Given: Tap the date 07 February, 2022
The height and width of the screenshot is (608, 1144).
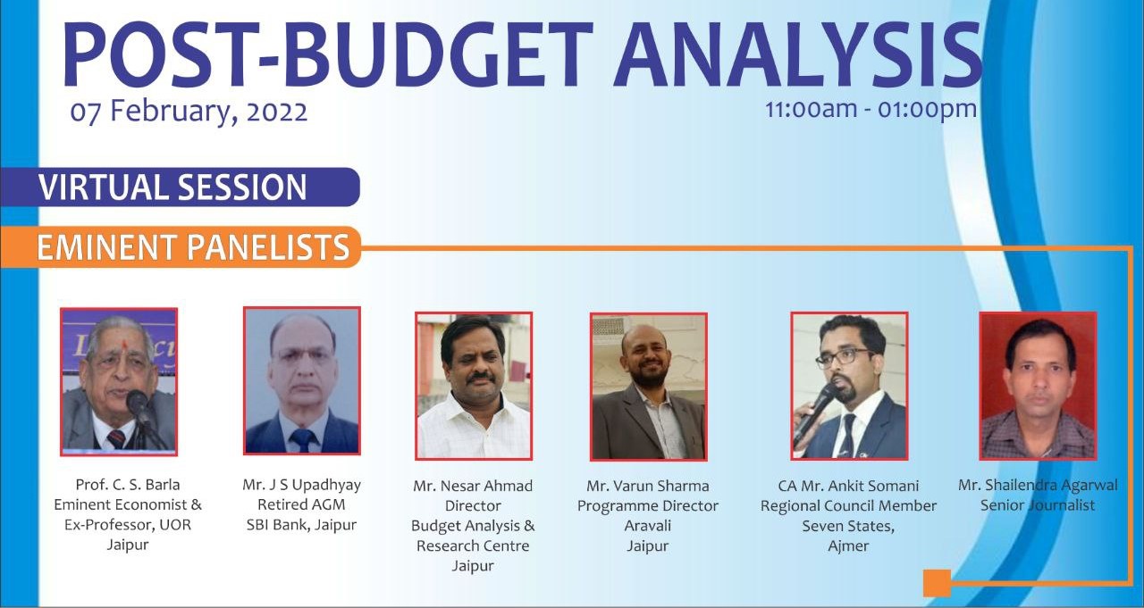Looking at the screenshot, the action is [x=189, y=112].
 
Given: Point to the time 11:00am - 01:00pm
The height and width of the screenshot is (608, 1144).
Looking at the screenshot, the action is [x=871, y=109].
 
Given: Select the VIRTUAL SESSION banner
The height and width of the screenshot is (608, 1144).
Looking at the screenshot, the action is [x=180, y=187].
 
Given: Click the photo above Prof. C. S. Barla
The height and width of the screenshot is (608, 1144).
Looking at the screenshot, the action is [x=119, y=381].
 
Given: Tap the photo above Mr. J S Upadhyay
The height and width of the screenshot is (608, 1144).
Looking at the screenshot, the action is [x=302, y=380].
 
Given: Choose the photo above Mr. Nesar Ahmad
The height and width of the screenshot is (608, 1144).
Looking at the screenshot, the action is [x=474, y=386].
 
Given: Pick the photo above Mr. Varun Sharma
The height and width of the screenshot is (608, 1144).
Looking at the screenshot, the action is [x=649, y=387].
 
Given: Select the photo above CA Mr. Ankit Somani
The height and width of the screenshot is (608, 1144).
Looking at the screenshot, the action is [x=849, y=386].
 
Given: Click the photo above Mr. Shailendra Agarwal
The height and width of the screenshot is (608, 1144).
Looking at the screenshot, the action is [x=1038, y=386].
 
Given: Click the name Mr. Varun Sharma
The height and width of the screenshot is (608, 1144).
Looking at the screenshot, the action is [x=648, y=486].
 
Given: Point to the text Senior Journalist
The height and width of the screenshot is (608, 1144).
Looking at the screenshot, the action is [x=1038, y=505].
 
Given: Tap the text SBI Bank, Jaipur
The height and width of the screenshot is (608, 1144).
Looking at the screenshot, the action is [x=301, y=525].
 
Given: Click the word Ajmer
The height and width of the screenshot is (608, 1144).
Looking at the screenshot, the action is [x=848, y=546].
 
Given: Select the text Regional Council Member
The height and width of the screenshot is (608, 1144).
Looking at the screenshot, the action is [x=848, y=505].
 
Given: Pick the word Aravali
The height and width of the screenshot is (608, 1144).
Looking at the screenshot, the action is [x=648, y=525].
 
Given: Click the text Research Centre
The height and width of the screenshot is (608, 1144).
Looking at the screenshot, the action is [x=473, y=546].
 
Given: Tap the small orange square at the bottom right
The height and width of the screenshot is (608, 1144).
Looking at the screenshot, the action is [x=937, y=583].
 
